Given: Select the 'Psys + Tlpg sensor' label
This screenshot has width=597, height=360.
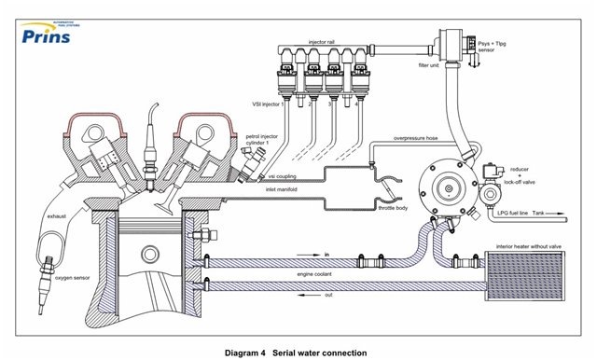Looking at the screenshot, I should (494, 47).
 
